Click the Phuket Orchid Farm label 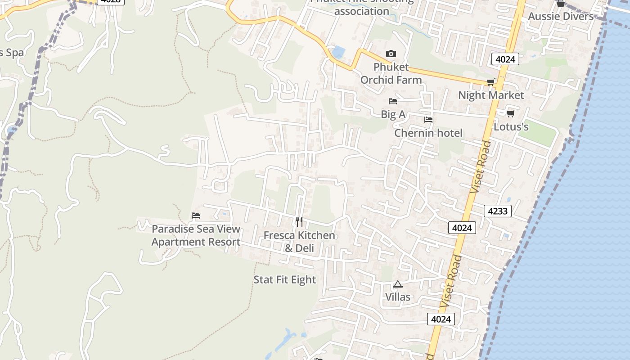(x=391, y=73)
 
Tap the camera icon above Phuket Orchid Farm (x=391, y=54)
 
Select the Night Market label (x=491, y=95)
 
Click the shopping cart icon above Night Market (x=490, y=82)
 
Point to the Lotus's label (x=511, y=126)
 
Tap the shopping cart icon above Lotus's (x=510, y=113)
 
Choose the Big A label (x=393, y=114)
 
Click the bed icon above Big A (x=393, y=101)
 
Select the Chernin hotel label (x=428, y=133)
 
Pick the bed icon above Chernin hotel (x=428, y=120)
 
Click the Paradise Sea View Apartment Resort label (x=196, y=235)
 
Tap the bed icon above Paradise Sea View (x=196, y=216)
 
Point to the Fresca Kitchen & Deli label (x=299, y=242)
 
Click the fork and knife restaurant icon (x=299, y=222)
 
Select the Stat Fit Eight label (x=285, y=279)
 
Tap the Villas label (x=398, y=297)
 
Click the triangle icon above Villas (x=397, y=284)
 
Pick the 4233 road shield (x=498, y=211)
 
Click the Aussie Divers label (x=561, y=17)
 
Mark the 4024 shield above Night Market (x=505, y=59)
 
